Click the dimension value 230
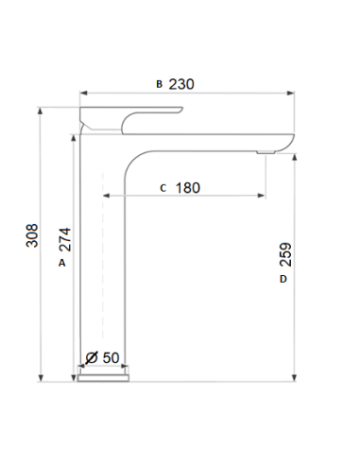(181, 84)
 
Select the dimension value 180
(188, 188)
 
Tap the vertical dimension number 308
(32, 236)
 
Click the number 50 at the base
(110, 357)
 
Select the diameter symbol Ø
(92, 357)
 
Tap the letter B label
(159, 84)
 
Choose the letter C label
(163, 188)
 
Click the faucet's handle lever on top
(132, 116)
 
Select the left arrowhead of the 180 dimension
(107, 197)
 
